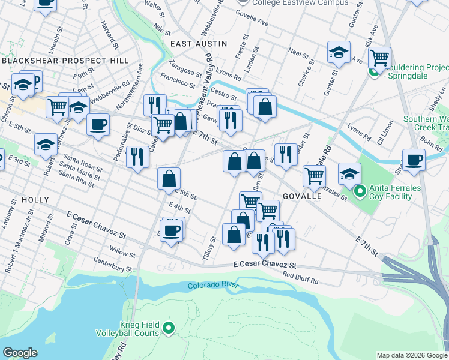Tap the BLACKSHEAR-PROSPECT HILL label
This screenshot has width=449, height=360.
(x=65, y=61)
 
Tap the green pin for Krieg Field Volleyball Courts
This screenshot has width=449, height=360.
(x=169, y=328)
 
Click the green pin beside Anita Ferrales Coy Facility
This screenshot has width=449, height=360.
(x=360, y=192)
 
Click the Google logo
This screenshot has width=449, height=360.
(x=20, y=353)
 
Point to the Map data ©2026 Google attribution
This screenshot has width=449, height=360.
(x=412, y=355)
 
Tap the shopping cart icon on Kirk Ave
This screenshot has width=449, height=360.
(x=379, y=58)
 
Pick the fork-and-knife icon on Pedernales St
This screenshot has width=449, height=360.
(x=138, y=157)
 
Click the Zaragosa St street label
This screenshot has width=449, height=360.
(x=185, y=67)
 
